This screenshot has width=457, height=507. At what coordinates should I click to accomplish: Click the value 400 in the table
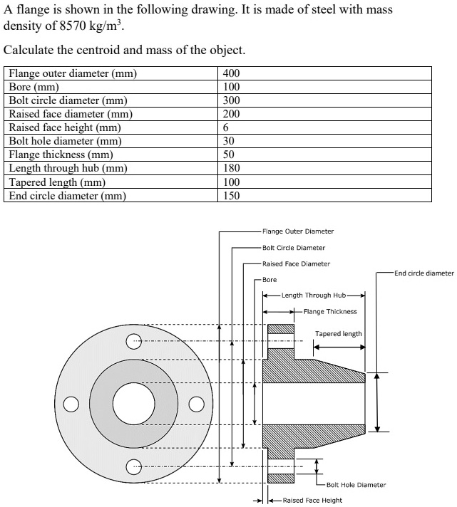point(232,73)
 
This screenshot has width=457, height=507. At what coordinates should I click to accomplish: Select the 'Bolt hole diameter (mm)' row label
point(65,141)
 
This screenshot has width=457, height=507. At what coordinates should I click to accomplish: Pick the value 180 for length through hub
point(232,168)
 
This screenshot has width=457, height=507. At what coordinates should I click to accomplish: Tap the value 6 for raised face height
point(226,127)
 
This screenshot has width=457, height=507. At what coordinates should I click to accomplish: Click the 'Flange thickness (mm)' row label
point(61,155)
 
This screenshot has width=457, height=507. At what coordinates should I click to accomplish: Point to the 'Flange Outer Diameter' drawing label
point(298,231)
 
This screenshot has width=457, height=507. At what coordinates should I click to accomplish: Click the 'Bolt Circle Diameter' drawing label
point(294,248)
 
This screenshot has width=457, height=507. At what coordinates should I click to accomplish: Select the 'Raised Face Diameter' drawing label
point(296,264)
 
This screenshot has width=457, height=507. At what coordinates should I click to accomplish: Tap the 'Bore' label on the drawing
point(269,280)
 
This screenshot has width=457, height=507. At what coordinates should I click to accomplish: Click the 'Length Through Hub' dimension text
point(314,296)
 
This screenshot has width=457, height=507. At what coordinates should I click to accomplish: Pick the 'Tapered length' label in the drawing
point(339,334)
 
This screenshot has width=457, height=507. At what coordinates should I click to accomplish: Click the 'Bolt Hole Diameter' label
point(356,485)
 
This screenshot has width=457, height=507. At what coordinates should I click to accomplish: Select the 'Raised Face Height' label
point(312,501)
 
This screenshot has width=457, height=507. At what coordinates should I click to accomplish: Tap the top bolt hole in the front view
point(133,343)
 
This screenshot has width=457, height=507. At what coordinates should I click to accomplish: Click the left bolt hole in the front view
point(70,404)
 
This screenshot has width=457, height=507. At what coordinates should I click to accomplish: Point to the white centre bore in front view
point(133,404)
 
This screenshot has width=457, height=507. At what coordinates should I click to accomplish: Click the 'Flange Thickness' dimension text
point(330,311)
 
